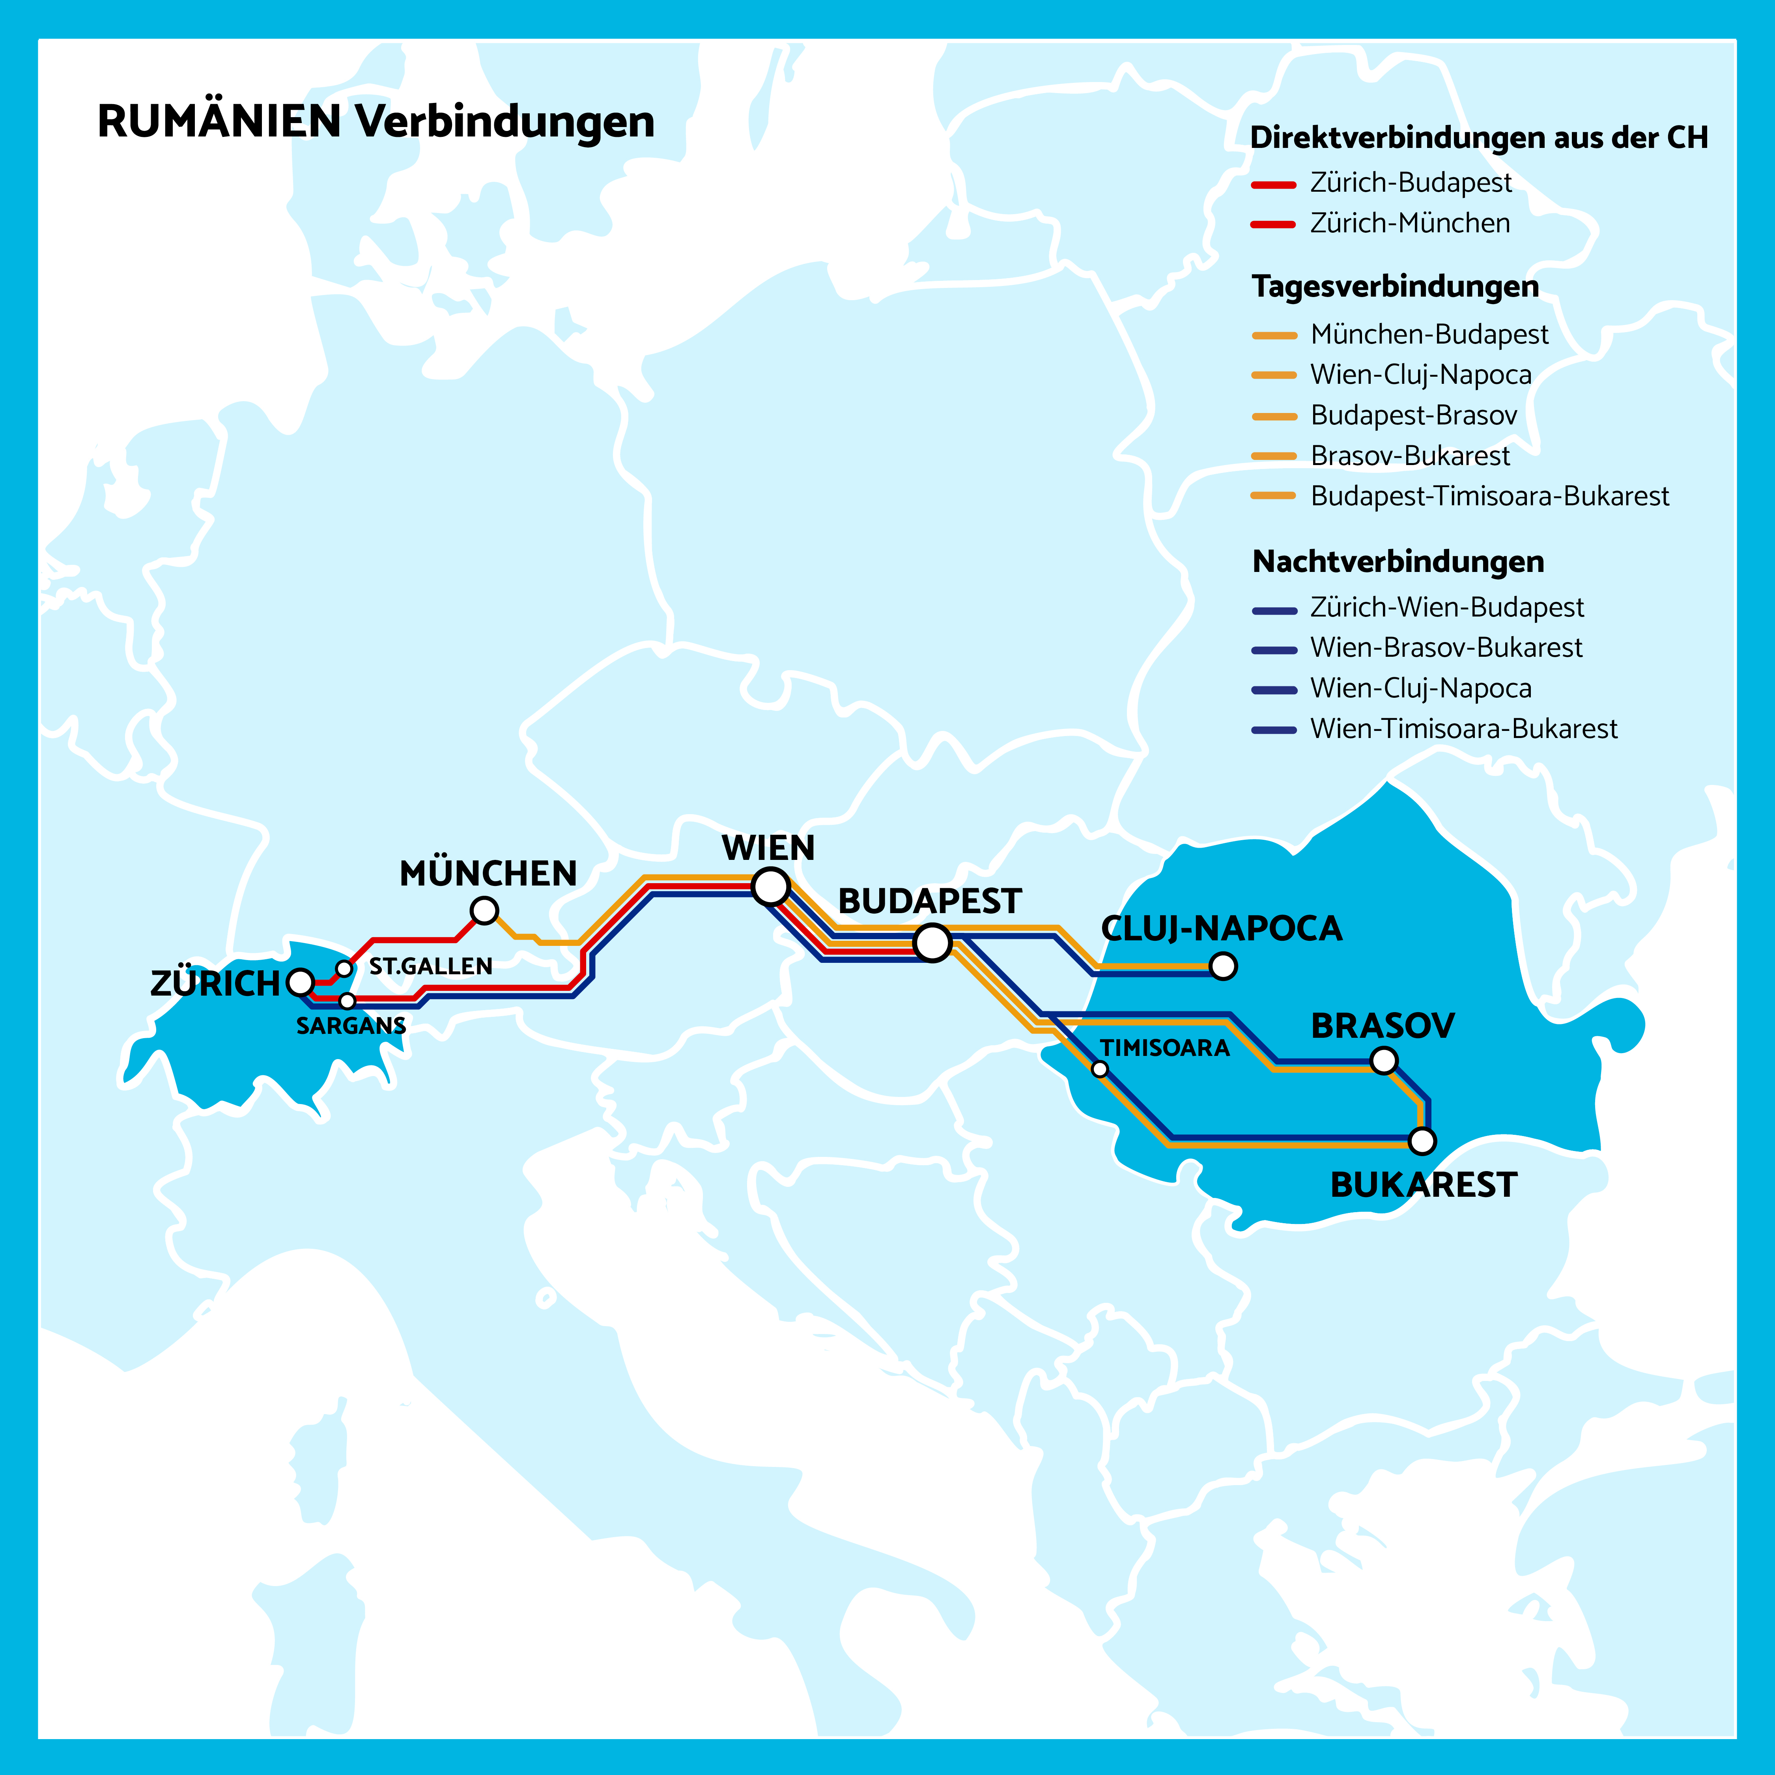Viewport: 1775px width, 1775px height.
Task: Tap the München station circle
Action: coord(484,910)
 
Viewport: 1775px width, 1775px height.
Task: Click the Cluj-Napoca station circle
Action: coord(1223,966)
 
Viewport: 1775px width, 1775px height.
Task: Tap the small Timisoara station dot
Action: coord(1100,1069)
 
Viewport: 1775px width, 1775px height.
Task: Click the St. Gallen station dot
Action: coord(344,968)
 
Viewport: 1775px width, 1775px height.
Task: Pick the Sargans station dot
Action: coord(347,1000)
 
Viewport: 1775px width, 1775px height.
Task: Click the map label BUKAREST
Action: coord(1423,1185)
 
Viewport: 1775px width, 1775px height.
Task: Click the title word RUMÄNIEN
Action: coord(220,121)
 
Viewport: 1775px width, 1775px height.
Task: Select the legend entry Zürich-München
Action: coord(1409,223)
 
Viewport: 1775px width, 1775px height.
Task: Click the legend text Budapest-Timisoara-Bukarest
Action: coord(1489,496)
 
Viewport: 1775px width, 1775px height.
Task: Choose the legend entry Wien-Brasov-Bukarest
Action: coord(1446,648)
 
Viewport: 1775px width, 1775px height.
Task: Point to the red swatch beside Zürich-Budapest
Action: coord(1273,185)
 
